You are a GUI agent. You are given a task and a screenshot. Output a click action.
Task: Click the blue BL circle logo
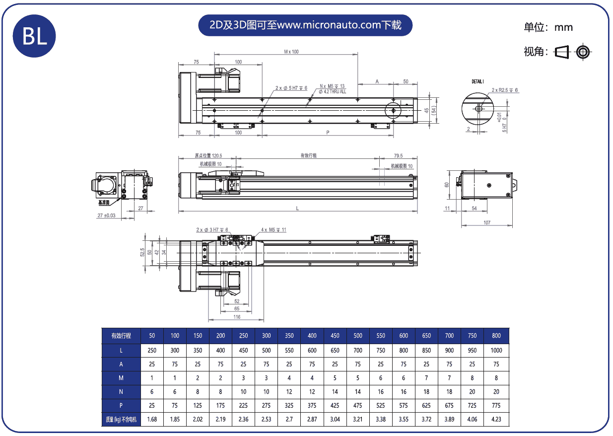click(34, 36)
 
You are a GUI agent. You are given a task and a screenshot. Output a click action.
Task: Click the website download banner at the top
click(305, 25)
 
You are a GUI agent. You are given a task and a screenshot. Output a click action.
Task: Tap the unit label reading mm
click(563, 27)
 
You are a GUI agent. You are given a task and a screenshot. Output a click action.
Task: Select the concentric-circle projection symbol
click(583, 52)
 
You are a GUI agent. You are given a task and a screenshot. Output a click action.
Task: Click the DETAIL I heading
click(477, 81)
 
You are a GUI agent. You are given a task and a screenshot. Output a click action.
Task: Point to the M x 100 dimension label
click(291, 52)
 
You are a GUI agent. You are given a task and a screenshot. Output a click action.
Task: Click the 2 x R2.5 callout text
click(505, 90)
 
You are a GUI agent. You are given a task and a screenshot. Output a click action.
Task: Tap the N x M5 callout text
click(332, 86)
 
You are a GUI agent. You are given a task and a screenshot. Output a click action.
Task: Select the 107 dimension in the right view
click(487, 222)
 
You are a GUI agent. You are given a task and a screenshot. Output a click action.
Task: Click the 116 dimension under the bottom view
click(237, 317)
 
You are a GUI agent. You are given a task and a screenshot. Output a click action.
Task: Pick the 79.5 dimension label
click(398, 155)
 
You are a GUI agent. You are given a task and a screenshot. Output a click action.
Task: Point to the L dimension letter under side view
click(297, 209)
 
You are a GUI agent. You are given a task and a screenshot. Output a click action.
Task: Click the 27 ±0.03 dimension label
click(106, 216)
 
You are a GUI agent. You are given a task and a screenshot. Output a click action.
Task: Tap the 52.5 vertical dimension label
click(142, 252)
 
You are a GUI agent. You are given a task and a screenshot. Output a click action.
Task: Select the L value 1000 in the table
click(496, 350)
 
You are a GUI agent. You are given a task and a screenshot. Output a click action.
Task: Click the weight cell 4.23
click(496, 419)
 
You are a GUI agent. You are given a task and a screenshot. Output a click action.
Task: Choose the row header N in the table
click(121, 392)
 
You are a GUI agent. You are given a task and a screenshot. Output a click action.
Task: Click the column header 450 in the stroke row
click(335, 336)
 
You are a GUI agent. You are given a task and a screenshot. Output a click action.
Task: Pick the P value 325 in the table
click(289, 405)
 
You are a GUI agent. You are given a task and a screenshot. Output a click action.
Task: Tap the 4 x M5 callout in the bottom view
click(273, 230)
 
